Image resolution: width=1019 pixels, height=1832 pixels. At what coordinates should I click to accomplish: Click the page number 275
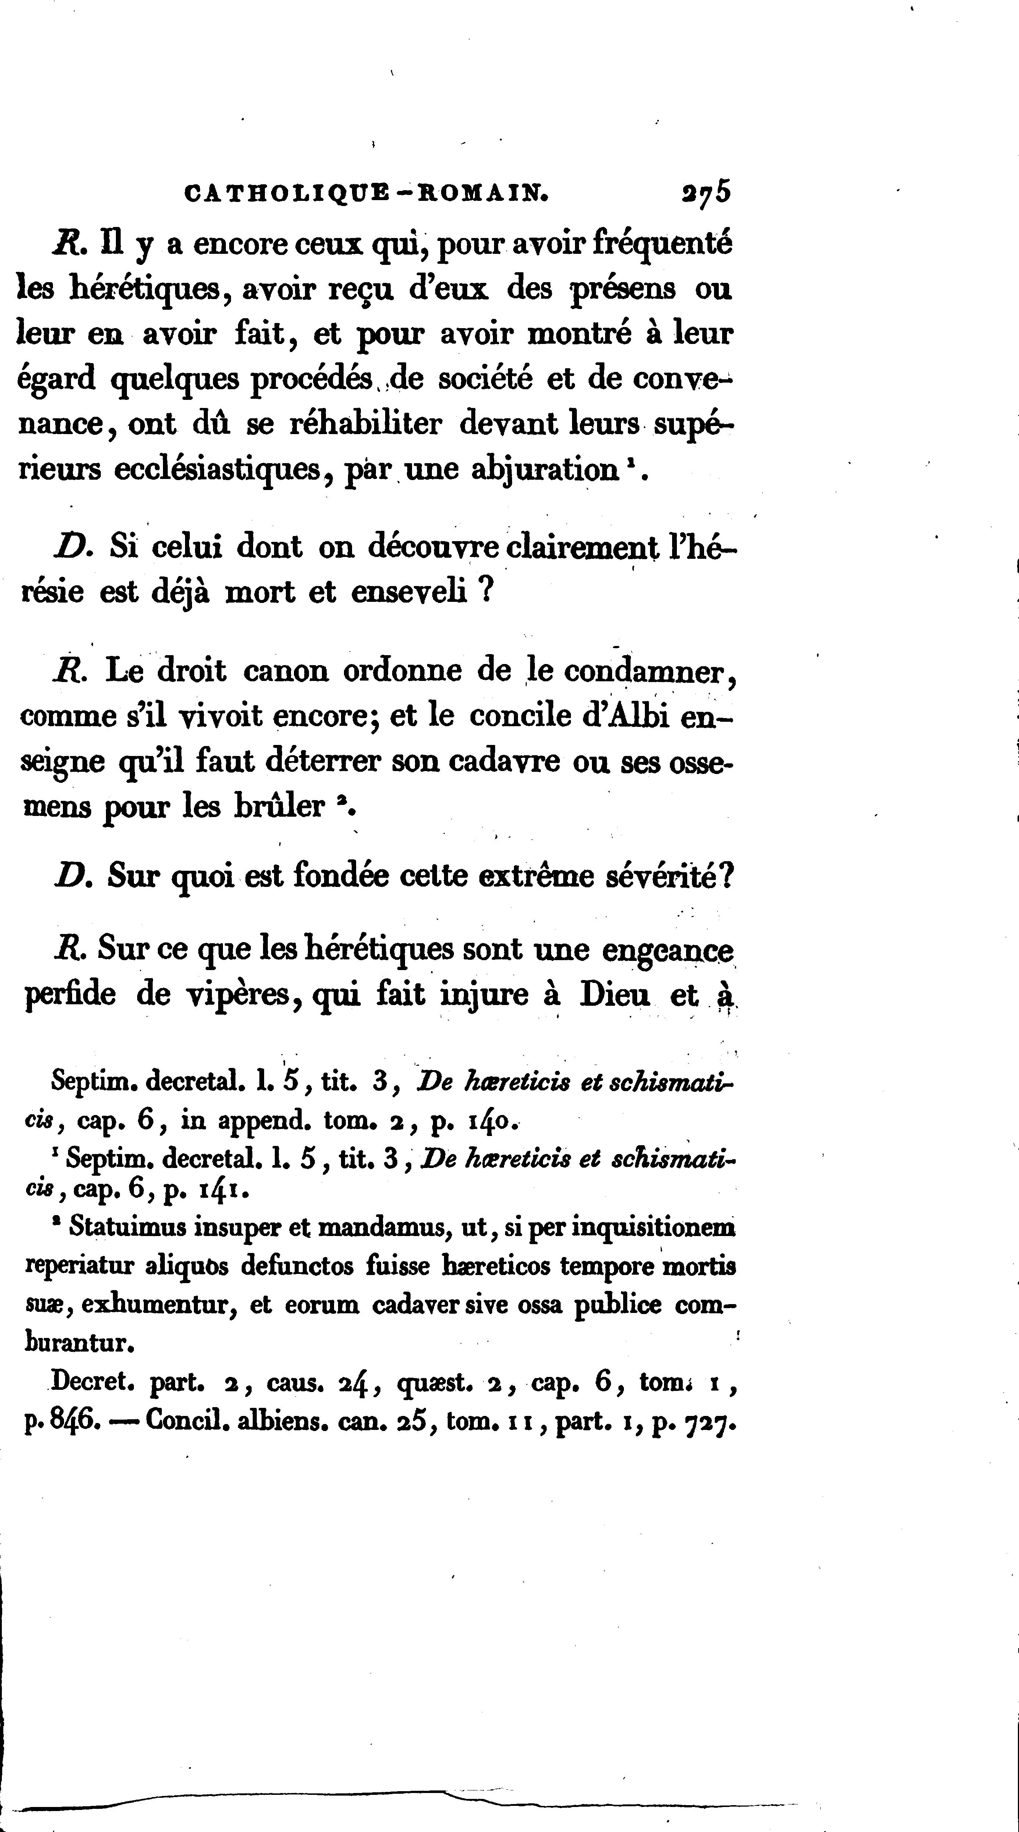coord(706,194)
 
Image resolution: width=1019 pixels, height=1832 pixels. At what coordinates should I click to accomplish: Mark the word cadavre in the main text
coord(514,761)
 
